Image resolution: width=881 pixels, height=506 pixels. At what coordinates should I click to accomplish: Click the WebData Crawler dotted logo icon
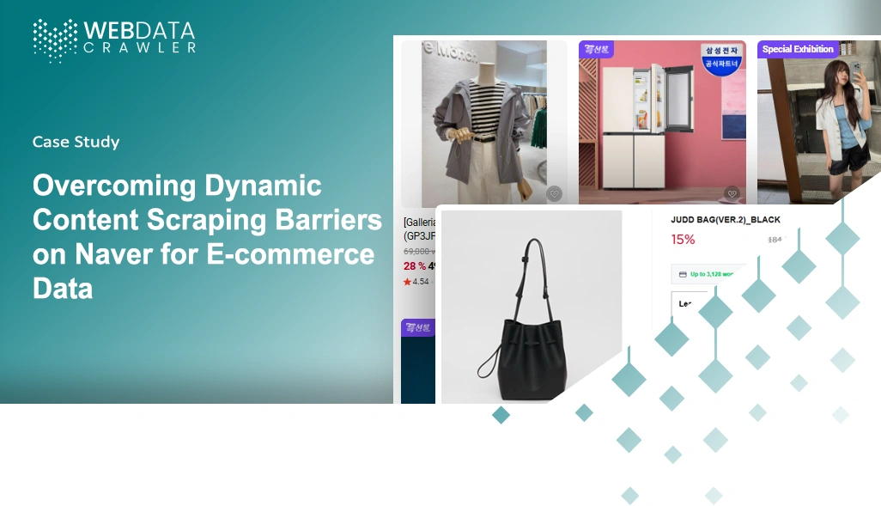pos(54,40)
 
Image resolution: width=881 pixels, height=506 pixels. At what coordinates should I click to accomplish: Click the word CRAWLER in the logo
pos(139,48)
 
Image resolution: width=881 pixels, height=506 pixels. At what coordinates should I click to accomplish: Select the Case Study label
pos(76,142)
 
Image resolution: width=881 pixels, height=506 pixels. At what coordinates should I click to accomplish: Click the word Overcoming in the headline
pos(115,186)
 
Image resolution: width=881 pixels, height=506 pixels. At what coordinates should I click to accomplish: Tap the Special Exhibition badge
pos(798,50)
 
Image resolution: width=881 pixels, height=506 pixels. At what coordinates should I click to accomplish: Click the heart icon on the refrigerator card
pos(732,194)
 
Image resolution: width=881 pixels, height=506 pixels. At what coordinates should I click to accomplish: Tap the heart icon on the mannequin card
pos(554,194)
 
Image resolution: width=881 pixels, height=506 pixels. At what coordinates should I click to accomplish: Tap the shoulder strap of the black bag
pos(532,266)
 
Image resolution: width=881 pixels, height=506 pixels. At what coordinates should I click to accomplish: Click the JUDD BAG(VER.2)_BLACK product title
pos(725,220)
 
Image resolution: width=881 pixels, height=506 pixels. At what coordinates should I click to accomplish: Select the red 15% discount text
pos(683,240)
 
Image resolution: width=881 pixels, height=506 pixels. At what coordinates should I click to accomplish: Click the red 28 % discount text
pos(415,266)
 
